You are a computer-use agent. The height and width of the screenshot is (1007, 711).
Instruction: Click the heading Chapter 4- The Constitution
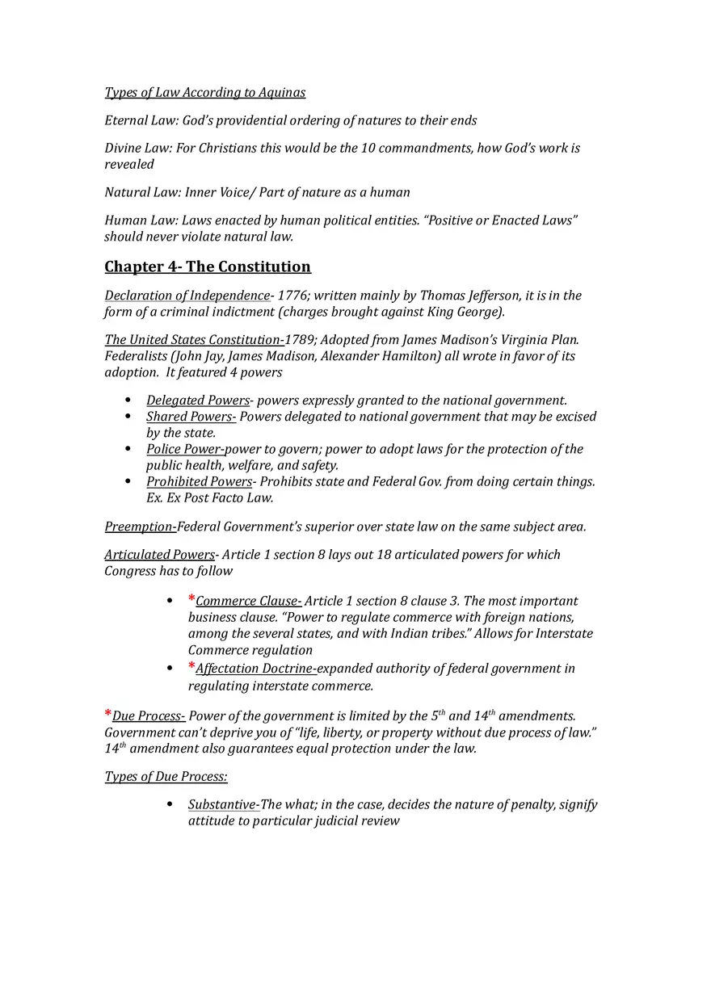pos(208,267)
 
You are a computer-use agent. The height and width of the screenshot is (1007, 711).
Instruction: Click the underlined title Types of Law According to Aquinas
pos(205,93)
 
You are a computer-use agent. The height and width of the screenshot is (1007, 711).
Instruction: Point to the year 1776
pos(291,296)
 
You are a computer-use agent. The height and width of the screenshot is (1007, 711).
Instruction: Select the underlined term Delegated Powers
pos(198,401)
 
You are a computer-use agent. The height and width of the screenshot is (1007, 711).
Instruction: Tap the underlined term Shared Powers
pos(190,417)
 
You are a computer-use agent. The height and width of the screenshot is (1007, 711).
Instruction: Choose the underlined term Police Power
pos(184,449)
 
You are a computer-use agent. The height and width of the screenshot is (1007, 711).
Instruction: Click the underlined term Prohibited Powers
pos(199,481)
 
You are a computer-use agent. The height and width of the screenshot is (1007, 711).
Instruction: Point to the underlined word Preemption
pos(139,527)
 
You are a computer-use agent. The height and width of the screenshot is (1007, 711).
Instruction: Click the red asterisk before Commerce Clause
pos(191,599)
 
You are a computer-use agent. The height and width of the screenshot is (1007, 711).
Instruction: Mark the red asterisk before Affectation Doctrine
pos(191,667)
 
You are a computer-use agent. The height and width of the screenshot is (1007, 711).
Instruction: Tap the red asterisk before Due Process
pos(108,715)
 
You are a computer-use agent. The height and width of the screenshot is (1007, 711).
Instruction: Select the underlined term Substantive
pos(223,804)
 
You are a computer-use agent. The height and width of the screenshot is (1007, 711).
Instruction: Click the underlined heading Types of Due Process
pos(166,777)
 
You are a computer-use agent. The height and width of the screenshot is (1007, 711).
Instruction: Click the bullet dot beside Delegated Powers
pos(128,401)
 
